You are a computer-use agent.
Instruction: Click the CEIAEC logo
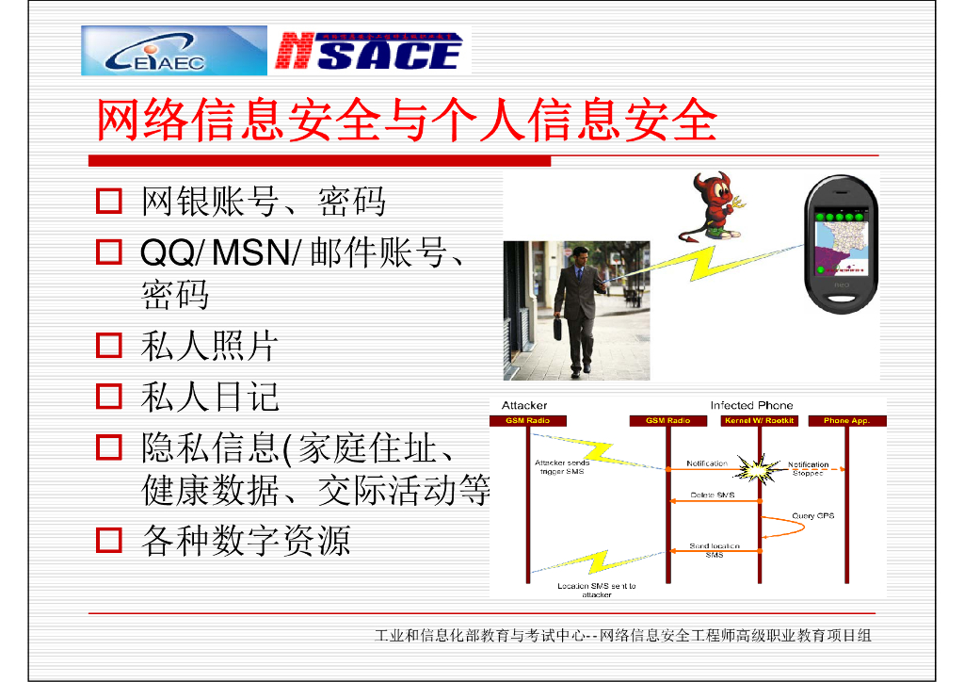[174, 51]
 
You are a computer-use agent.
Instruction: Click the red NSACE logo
[370, 51]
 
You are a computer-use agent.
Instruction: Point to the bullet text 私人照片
[209, 346]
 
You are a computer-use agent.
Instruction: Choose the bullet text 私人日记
[209, 397]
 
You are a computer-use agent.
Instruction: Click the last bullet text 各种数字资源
[245, 540]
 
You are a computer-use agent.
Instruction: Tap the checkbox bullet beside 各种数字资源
[109, 540]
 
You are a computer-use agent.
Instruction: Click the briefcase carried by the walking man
[558, 328]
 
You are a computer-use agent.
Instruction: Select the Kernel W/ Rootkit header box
[758, 421]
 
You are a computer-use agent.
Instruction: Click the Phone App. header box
[846, 421]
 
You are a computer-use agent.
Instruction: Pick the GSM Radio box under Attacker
[527, 421]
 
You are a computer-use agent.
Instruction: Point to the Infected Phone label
[751, 406]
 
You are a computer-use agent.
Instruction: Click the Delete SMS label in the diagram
[712, 495]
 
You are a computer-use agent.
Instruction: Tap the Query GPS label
[812, 515]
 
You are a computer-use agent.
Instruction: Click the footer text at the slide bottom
[622, 636]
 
